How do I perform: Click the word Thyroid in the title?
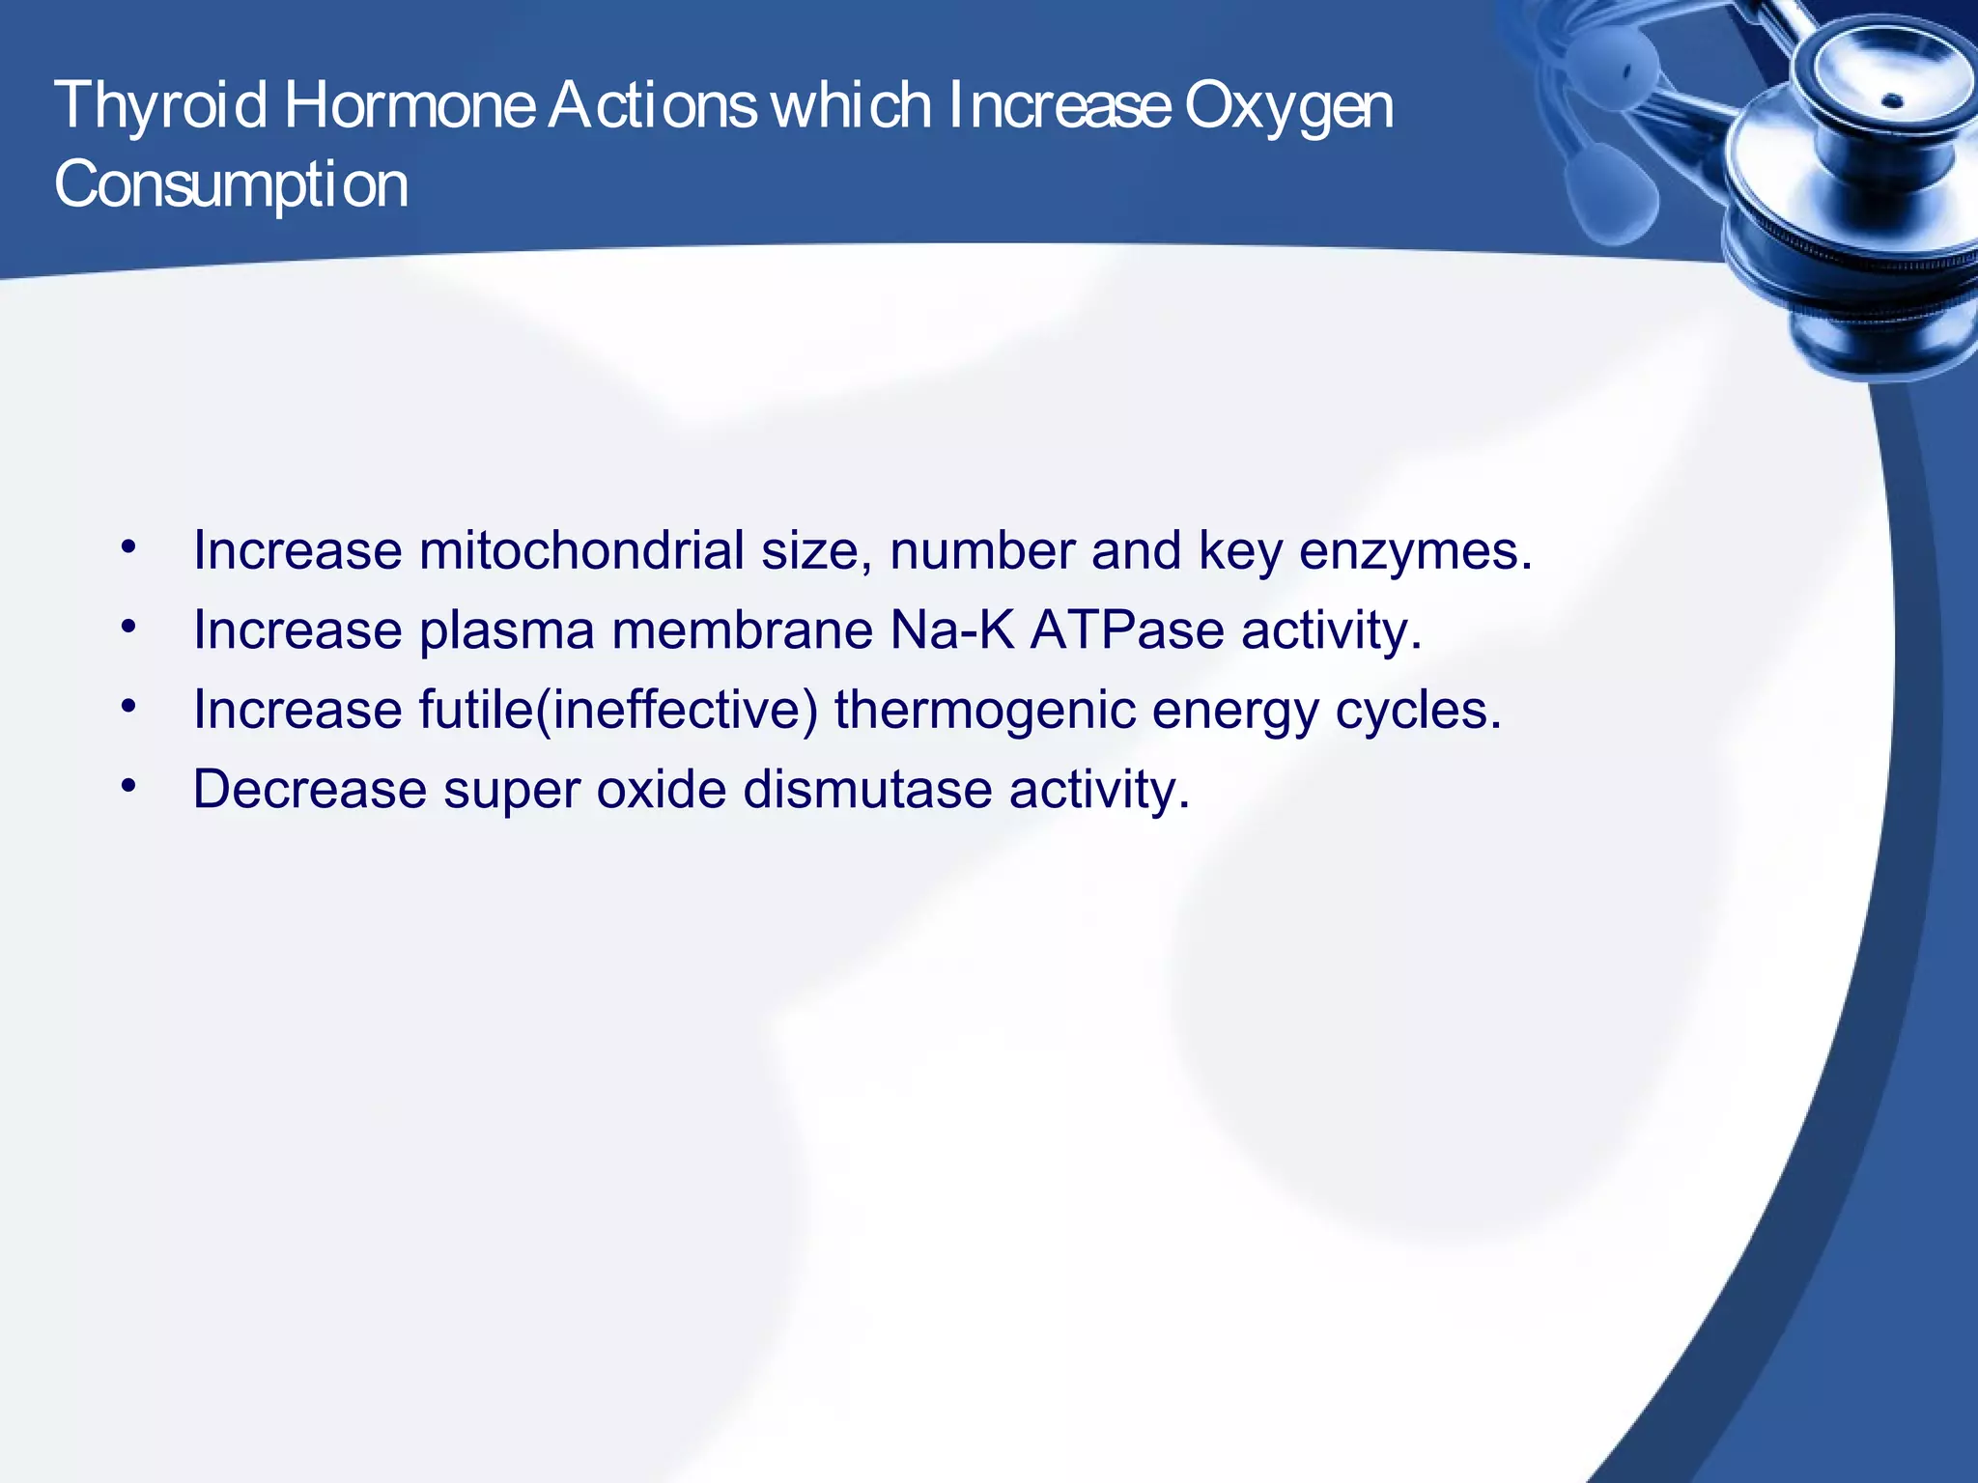pos(160,106)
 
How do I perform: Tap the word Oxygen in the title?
pos(1288,106)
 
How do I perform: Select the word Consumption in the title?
pos(232,185)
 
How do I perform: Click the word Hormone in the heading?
pos(410,106)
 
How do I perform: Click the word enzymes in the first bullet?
pos(1414,551)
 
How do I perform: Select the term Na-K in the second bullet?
pos(951,630)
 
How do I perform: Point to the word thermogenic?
pos(984,711)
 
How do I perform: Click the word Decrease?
pos(309,790)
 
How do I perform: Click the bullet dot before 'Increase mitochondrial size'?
pos(128,548)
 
